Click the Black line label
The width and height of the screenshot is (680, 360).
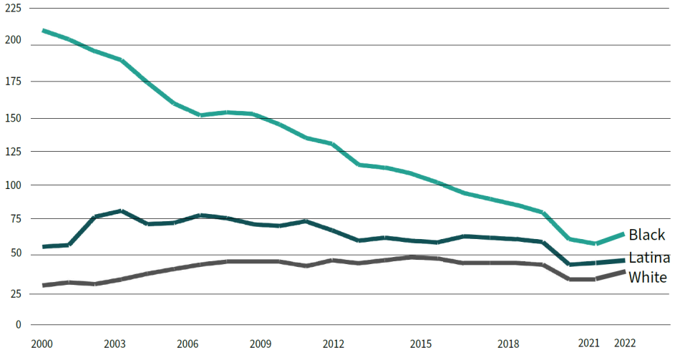point(646,235)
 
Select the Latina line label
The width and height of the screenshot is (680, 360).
point(649,258)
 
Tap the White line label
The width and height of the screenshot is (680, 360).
point(648,277)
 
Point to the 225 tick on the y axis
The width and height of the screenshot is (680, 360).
point(13,9)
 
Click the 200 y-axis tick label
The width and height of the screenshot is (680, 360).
point(13,40)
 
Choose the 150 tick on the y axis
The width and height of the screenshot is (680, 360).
point(13,118)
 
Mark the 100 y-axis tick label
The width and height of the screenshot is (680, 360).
point(13,185)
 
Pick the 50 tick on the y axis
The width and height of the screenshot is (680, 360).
point(16,253)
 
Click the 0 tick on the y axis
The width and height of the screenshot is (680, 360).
point(18,324)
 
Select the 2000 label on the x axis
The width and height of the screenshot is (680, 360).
point(42,344)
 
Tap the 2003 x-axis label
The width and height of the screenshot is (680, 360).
point(115,344)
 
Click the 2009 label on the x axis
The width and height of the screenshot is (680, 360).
point(261,344)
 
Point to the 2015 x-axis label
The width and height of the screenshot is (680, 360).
point(421,344)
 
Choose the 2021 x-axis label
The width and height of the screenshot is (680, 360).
point(589,343)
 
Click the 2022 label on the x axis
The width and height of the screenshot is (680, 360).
point(625,343)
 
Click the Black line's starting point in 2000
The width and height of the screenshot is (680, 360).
point(43,31)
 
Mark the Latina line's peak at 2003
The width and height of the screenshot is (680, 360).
point(121,211)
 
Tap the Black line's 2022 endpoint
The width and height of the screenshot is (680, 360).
point(623,234)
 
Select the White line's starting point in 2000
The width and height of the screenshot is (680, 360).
point(43,285)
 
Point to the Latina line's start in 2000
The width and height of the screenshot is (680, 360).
point(43,246)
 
